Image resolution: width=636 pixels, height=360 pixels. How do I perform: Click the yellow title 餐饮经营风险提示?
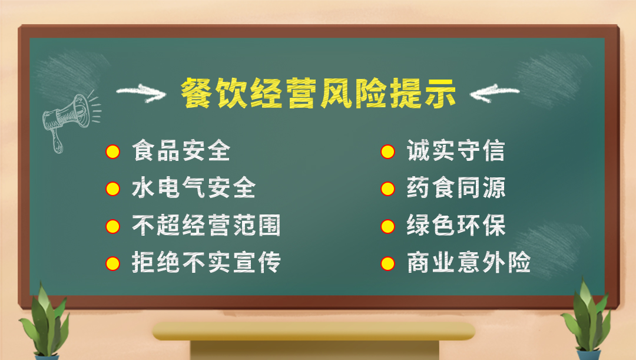[x=319, y=93]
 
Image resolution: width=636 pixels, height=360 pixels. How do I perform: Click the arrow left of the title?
[x=141, y=93]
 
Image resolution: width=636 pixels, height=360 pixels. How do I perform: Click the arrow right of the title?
[x=495, y=93]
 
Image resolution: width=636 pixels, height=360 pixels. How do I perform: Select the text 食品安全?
[x=181, y=151]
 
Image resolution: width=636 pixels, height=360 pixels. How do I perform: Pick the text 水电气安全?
[x=194, y=188]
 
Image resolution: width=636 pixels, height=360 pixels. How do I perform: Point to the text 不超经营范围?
[x=207, y=225]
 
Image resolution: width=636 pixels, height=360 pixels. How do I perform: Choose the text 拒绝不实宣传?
[x=207, y=263]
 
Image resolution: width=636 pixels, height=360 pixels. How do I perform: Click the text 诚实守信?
[x=456, y=151]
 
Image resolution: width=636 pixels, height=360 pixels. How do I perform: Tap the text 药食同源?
[x=456, y=188]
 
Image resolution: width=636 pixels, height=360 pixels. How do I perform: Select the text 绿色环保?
[x=456, y=225]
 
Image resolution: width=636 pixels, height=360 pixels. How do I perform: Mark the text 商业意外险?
[x=469, y=263]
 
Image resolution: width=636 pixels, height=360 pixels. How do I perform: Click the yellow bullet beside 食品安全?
[x=112, y=152]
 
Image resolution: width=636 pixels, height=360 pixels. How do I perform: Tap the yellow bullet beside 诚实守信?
[x=387, y=152]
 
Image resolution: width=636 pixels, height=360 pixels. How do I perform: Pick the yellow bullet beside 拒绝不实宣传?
[x=112, y=264]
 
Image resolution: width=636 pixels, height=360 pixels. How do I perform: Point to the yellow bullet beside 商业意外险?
[x=387, y=264]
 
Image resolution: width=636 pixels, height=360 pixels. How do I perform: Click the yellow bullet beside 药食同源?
[x=387, y=189]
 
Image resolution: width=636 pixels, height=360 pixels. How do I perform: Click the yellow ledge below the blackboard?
[x=313, y=331]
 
